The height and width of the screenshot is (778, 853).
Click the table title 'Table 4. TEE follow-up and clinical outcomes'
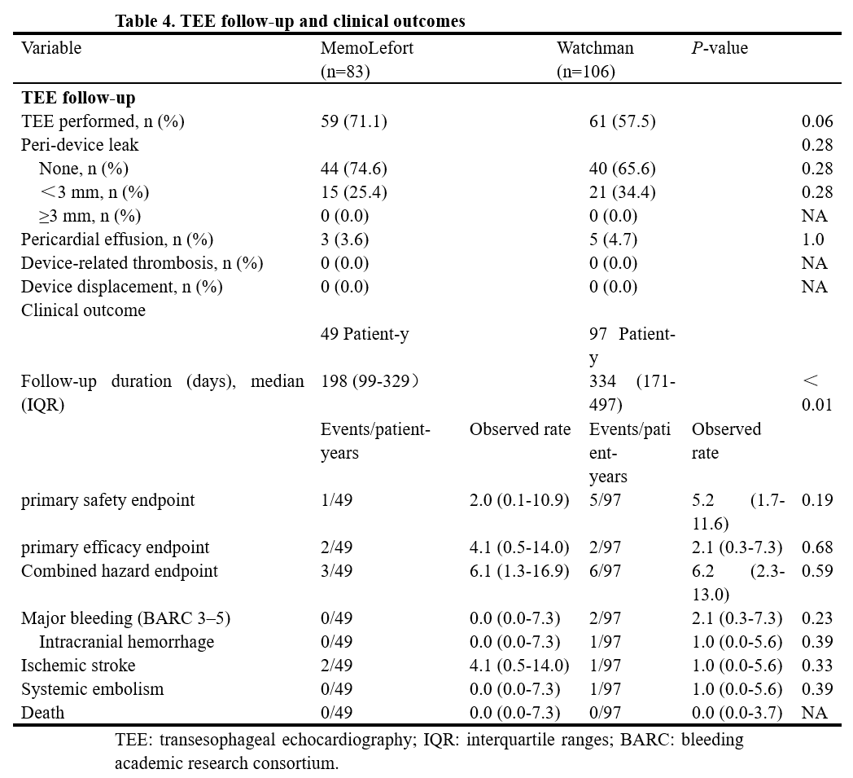pos(290,21)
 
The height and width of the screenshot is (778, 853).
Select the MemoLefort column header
pos(366,59)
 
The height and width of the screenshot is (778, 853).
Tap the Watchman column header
pos(595,59)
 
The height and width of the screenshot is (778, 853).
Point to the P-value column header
pos(720,48)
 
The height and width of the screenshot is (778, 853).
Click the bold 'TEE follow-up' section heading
pos(78,98)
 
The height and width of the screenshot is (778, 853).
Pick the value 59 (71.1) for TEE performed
pos(353,121)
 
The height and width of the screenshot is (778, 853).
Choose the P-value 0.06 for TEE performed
pos(817,121)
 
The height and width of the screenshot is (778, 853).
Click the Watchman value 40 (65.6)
pos(623,169)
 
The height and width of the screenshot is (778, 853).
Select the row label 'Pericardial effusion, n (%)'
pos(117,240)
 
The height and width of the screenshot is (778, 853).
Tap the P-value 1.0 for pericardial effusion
pos(813,240)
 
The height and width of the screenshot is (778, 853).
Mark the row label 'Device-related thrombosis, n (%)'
pos(142,263)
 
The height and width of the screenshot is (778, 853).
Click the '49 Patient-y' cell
pos(365,334)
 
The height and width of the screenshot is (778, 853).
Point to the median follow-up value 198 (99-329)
pos(370,381)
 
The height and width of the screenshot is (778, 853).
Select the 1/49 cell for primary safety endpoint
pos(336,499)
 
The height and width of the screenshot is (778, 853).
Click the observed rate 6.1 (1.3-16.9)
pos(519,570)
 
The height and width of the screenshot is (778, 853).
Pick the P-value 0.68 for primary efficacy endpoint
pos(817,547)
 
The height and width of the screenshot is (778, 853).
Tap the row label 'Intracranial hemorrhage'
pos(127,642)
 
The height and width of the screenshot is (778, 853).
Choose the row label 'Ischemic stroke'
pos(78,666)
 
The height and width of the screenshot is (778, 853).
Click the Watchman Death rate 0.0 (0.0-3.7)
pos(737,713)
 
